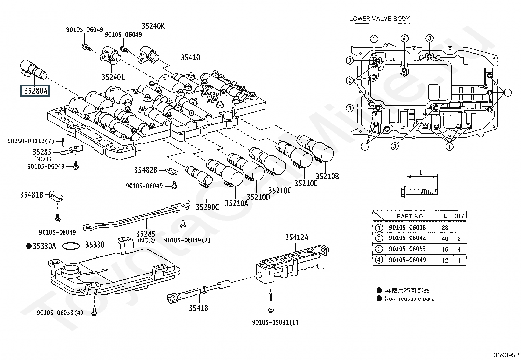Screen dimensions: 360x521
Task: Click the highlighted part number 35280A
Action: click(x=35, y=90)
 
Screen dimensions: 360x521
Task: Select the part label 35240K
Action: click(x=153, y=26)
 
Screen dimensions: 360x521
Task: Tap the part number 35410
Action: click(x=190, y=58)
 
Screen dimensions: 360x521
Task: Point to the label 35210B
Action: click(x=327, y=176)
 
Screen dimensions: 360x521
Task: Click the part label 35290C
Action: click(x=207, y=207)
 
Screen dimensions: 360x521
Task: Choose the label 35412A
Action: click(x=296, y=237)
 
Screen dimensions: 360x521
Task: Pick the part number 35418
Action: click(x=198, y=308)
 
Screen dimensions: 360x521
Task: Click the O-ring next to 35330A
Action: click(x=71, y=246)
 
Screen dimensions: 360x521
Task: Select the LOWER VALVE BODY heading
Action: click(x=380, y=19)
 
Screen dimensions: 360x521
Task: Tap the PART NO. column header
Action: click(x=410, y=216)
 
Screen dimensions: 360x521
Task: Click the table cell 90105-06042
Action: click(x=407, y=238)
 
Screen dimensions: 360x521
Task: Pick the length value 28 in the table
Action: click(x=445, y=228)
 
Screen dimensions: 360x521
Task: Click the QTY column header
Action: click(x=459, y=216)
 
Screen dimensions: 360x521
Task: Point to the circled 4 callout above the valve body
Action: click(x=405, y=38)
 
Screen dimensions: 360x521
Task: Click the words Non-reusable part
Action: click(x=409, y=299)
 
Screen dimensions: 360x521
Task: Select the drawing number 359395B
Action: click(x=507, y=355)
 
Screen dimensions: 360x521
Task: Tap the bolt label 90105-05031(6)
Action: click(x=275, y=322)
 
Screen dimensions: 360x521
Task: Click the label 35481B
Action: click(x=32, y=195)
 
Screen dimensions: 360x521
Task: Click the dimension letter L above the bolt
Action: click(x=421, y=173)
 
